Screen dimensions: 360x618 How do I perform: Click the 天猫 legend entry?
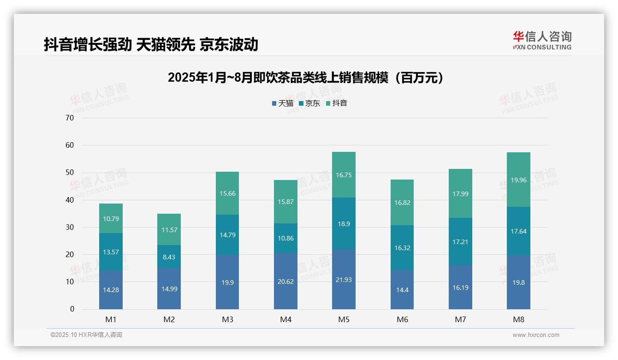282,103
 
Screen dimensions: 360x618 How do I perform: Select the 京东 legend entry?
309,103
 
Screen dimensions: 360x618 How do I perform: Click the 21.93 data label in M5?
344,280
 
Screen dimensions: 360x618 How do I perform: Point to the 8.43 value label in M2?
169,257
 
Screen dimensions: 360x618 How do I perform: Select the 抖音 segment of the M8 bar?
518,180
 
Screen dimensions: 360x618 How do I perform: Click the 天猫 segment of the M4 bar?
285,281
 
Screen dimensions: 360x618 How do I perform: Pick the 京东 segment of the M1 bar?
111,252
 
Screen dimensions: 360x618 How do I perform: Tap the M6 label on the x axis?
402,319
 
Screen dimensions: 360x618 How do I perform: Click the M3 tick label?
227,319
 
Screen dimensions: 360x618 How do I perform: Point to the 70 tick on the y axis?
70,118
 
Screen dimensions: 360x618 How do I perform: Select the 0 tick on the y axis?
72,309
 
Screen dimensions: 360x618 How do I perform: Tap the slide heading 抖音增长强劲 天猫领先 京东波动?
151,45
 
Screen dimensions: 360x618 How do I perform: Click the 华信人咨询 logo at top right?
542,40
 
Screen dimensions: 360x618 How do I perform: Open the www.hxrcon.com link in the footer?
536,335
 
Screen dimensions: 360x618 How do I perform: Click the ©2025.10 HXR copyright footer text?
86,335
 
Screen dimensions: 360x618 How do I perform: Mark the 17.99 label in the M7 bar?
460,194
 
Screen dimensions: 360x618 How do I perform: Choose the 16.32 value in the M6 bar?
402,248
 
